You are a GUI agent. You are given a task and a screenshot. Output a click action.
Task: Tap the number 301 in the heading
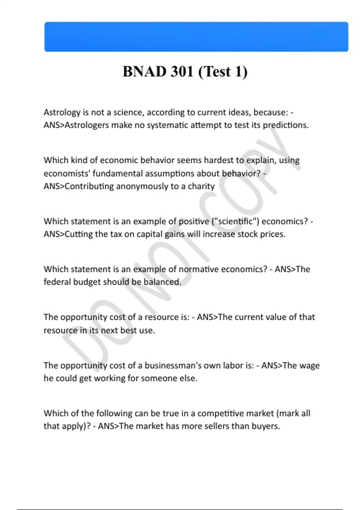(182, 72)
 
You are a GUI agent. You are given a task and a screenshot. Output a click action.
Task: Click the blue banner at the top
(196, 37)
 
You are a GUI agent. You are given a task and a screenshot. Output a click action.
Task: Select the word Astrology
(62, 112)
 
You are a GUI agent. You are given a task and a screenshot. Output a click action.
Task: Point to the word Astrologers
(87, 125)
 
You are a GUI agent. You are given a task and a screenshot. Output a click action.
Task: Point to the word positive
(194, 221)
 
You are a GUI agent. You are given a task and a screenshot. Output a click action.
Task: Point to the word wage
(309, 365)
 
